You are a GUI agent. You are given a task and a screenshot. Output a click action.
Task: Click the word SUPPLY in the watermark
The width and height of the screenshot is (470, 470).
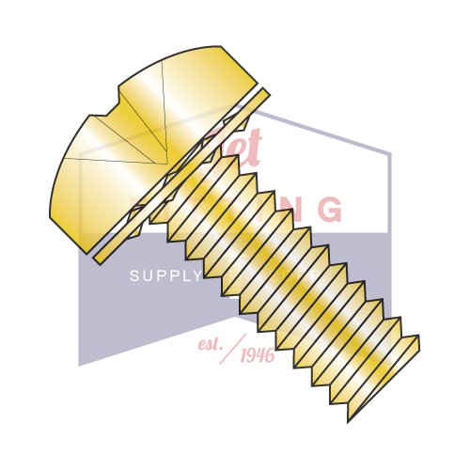[x=165, y=276]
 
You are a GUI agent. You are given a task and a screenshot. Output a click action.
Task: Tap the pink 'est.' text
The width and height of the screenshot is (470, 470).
[x=211, y=343]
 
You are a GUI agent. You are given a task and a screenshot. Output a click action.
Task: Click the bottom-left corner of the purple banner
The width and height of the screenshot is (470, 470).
[x=79, y=364]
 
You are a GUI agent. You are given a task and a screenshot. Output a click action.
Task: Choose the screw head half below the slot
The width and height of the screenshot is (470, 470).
[x=94, y=179]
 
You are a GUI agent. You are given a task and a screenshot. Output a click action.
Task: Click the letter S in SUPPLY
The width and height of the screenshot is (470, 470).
[x=133, y=276]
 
